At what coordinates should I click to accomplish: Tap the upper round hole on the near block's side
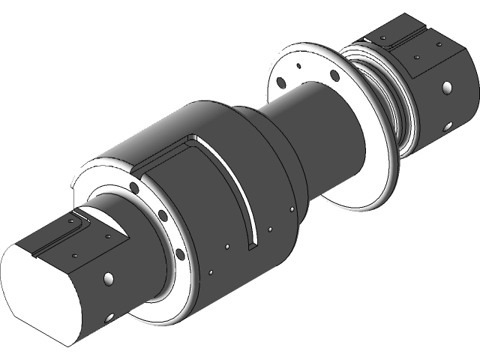[109, 279]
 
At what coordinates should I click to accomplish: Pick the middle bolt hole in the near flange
[162, 217]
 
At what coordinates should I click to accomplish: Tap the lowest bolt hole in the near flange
[180, 254]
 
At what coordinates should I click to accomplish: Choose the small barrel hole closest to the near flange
[212, 272]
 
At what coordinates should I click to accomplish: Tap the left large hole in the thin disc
[280, 82]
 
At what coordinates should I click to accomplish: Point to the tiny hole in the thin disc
[299, 67]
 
